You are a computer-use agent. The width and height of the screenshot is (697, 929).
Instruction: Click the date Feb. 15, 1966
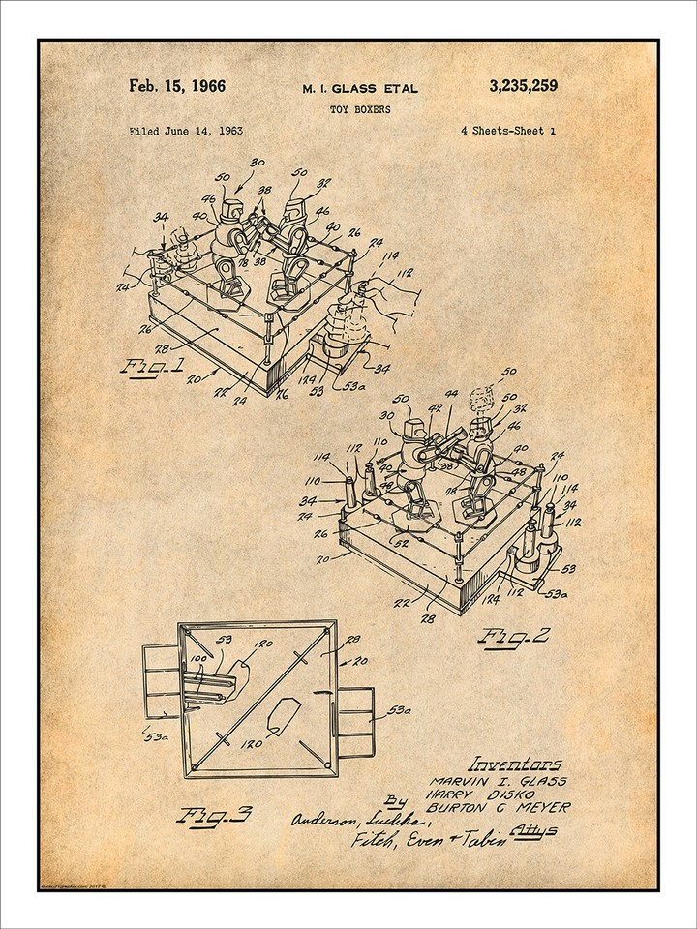(177, 86)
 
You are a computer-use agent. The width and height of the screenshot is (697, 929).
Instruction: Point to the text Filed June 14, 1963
(185, 130)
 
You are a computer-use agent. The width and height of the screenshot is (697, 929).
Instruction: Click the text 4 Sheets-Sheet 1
(508, 130)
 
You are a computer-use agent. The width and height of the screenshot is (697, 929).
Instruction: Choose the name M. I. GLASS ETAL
(362, 89)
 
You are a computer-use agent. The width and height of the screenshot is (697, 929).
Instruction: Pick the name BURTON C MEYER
(515, 807)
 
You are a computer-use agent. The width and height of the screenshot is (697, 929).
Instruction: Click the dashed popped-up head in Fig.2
(479, 398)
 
